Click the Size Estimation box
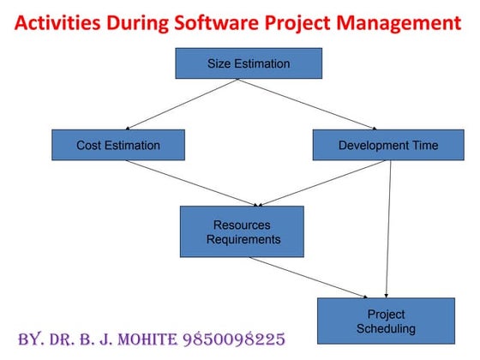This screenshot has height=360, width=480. click(249, 63)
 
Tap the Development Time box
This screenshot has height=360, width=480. click(387, 145)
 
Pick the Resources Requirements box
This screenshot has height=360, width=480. click(242, 231)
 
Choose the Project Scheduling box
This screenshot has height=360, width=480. click(385, 321)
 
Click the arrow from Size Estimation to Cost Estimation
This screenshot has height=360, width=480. click(180, 105)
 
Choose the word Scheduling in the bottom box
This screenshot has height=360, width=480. click(386, 328)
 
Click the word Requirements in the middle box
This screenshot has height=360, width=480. click(243, 240)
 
